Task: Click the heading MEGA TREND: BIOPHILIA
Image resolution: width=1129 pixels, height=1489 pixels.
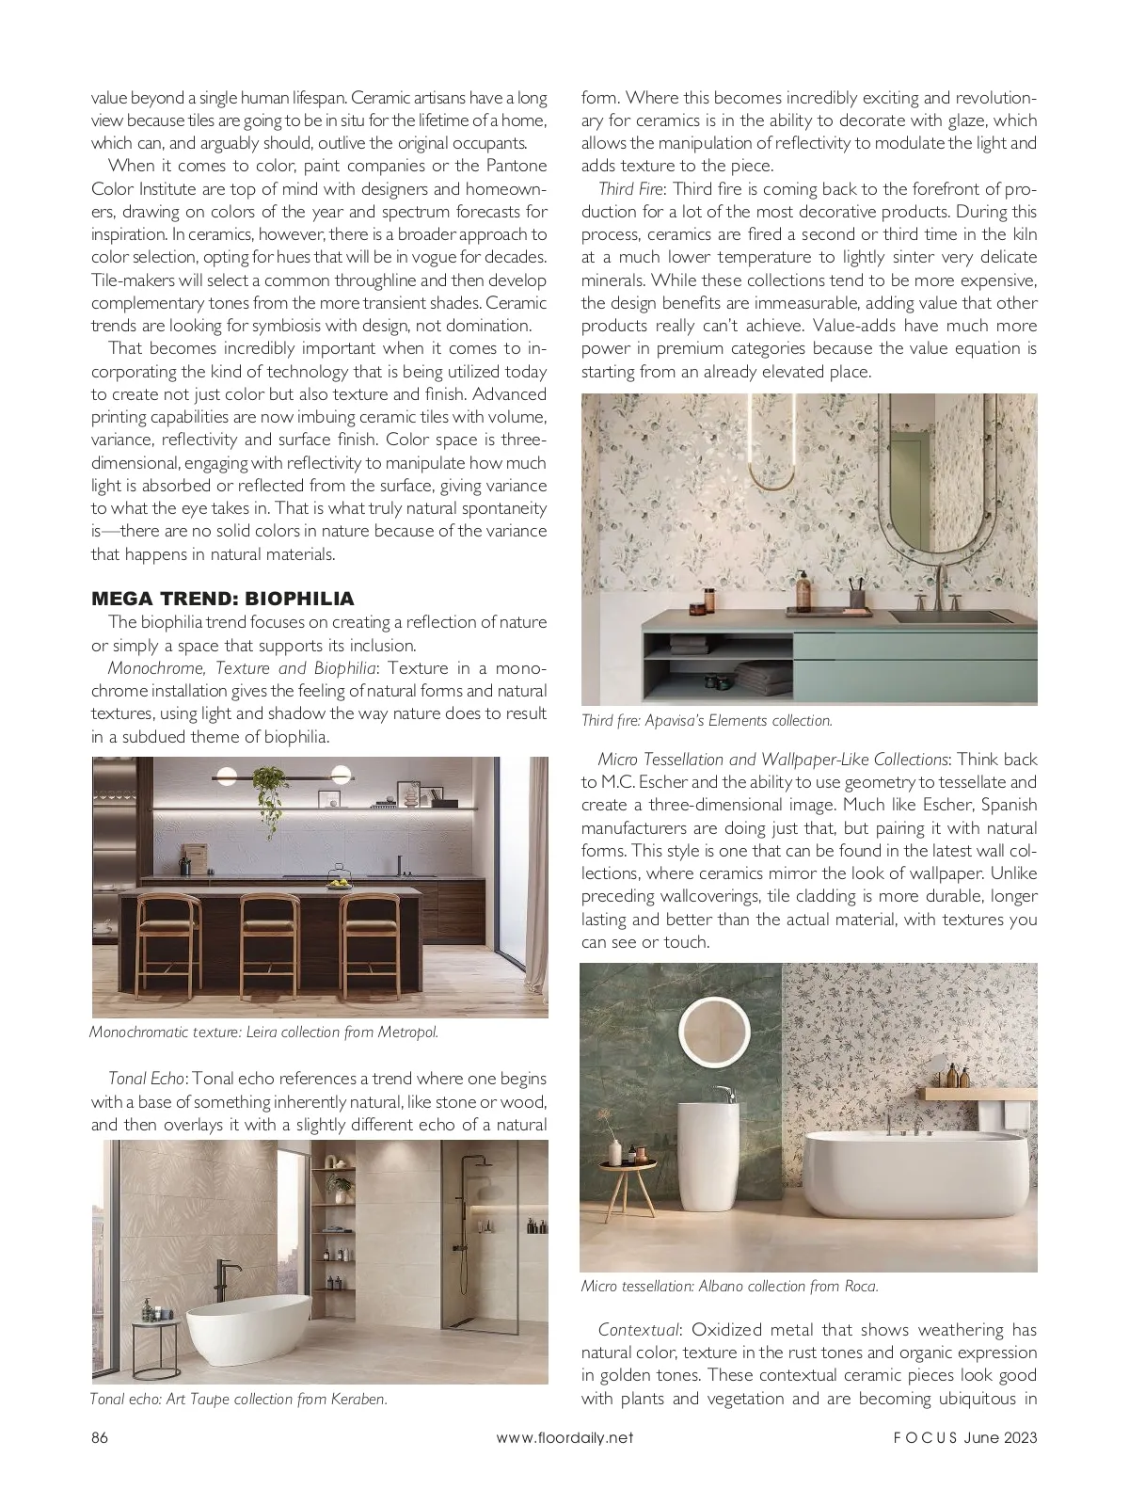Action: [x=222, y=599]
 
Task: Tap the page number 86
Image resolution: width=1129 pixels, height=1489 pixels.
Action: [x=100, y=1437]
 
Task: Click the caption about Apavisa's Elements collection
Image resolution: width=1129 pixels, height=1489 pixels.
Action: [x=707, y=721]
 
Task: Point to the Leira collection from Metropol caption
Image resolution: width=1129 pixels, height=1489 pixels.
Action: [x=263, y=1032]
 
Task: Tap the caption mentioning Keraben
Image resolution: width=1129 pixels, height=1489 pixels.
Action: [x=239, y=1399]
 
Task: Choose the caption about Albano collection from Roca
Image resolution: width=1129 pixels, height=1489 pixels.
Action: [x=729, y=1286]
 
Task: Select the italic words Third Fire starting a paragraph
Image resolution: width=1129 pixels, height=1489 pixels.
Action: [x=631, y=188]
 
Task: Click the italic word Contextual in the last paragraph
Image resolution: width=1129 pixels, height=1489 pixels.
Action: [x=638, y=1330]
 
